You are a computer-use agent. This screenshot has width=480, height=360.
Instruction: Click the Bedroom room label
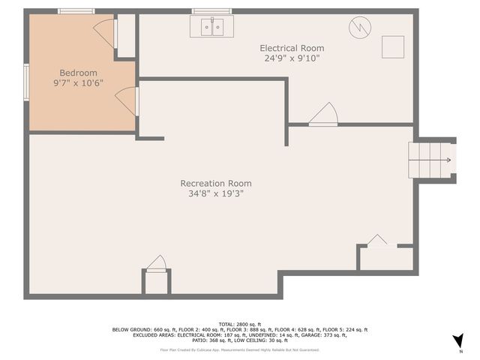(79, 73)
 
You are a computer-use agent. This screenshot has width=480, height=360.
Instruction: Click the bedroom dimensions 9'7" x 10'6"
(79, 83)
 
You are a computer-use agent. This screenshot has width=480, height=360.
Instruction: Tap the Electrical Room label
(292, 48)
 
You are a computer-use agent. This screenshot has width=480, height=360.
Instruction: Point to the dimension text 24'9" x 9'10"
(292, 58)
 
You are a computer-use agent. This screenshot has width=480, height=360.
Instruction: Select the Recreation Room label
(216, 183)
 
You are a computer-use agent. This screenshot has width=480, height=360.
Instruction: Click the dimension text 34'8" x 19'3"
(216, 193)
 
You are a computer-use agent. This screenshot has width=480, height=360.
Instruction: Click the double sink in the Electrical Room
(211, 28)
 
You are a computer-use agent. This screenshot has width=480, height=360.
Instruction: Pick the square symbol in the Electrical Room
(393, 47)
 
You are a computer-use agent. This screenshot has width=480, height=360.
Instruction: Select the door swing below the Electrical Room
(324, 115)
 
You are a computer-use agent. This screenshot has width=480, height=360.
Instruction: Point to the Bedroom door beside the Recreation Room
(127, 100)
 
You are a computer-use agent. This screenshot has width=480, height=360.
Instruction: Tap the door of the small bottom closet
(156, 263)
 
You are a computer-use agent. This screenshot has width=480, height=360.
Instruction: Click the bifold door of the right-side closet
(377, 241)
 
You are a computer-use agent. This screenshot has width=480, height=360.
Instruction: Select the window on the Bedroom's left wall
(26, 81)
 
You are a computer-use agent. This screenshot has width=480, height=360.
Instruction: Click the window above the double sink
(211, 11)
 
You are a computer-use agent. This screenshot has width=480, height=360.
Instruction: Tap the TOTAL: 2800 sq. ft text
(239, 323)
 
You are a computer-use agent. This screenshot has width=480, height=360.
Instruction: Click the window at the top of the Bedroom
(76, 11)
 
